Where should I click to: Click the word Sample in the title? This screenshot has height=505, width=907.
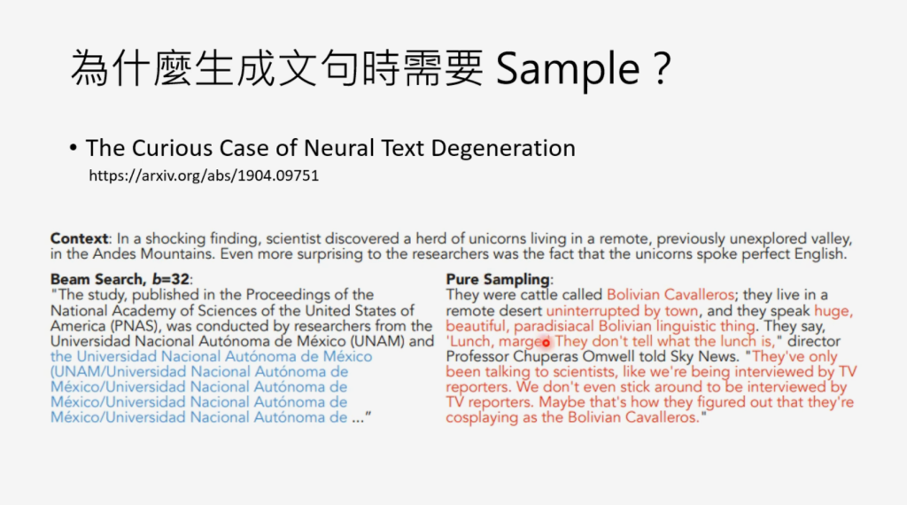568,69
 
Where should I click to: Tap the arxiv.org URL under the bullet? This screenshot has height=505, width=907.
204,175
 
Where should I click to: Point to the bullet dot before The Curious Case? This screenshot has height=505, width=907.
73,148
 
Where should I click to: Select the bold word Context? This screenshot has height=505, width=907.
79,238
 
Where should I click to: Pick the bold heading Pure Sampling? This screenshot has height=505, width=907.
498,279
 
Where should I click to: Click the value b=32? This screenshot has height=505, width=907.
171,279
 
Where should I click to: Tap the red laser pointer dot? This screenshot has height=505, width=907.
546,343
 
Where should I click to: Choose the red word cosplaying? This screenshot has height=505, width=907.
482,417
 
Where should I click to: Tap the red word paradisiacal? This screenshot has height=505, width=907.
554,326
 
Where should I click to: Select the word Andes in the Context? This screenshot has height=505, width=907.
114,254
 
